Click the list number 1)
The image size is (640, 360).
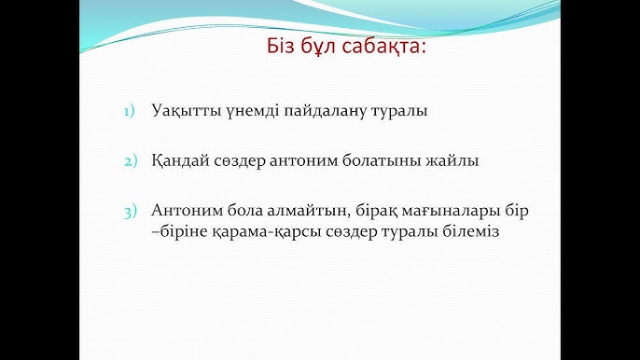tap(130, 112)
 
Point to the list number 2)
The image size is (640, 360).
tap(130, 161)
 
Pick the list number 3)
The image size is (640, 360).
tap(130, 211)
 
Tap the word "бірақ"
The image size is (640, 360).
tap(368, 210)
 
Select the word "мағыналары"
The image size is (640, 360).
tap(451, 210)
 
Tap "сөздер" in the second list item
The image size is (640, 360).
tap(243, 160)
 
